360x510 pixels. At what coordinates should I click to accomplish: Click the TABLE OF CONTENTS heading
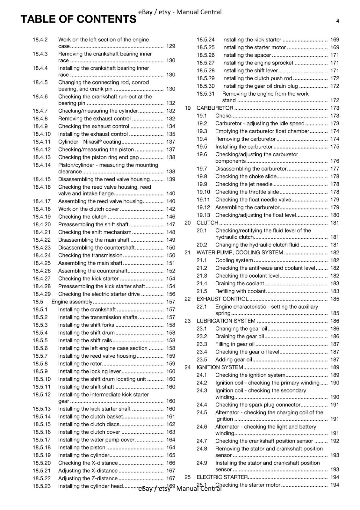(x=78, y=19)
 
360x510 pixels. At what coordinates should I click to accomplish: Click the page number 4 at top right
(x=337, y=21)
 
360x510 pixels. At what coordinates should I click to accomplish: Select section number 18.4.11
(x=41, y=142)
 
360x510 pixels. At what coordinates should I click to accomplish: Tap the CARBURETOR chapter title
(x=215, y=108)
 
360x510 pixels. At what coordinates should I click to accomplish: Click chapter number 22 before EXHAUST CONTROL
(x=188, y=299)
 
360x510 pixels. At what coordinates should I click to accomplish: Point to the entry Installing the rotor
(x=80, y=364)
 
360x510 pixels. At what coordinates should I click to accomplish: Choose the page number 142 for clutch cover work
(x=171, y=209)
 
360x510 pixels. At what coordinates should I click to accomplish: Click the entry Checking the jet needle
(x=244, y=184)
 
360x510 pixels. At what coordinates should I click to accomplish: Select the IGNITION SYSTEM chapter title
(x=220, y=367)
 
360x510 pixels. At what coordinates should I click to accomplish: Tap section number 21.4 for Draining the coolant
(x=202, y=283)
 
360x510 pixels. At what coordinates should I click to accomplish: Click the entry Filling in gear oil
(x=235, y=344)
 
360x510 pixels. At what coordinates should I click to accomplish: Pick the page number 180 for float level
(x=335, y=215)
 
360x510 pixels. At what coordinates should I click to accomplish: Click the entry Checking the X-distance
(x=88, y=463)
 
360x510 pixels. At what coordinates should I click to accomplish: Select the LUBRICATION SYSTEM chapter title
(x=226, y=321)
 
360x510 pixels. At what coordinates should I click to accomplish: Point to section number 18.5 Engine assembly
(x=38, y=302)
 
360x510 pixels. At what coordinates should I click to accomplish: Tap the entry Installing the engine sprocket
(x=258, y=63)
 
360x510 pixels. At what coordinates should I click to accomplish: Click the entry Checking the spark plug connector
(x=258, y=405)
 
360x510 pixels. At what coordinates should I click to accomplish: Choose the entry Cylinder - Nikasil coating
(x=90, y=142)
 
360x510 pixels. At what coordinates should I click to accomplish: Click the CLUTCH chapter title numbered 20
(x=207, y=223)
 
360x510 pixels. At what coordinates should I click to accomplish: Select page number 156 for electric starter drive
(x=171, y=294)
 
